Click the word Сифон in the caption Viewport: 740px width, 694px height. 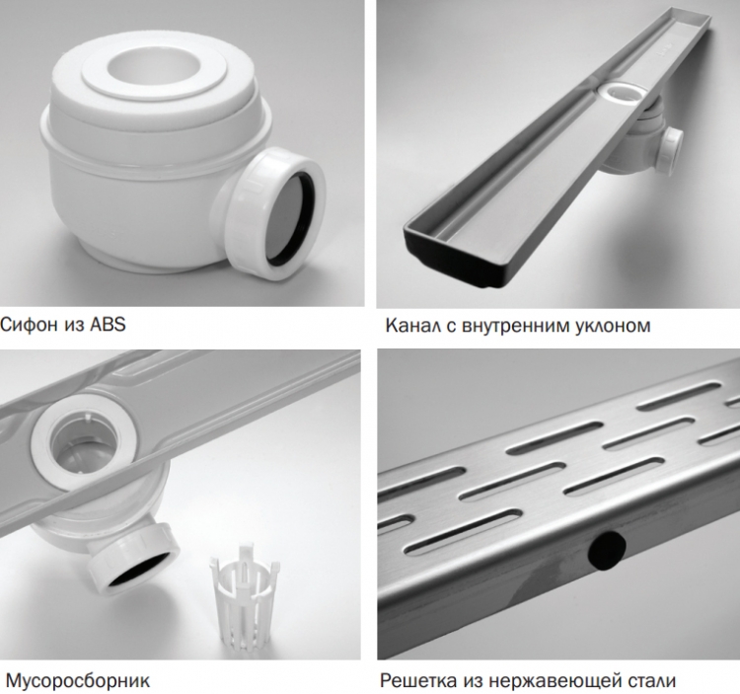[30, 325]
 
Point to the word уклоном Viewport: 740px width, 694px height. [613, 326]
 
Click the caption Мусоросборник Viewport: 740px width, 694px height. [77, 681]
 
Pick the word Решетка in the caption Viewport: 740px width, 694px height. [418, 681]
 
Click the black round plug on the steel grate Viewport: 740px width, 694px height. [607, 549]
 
